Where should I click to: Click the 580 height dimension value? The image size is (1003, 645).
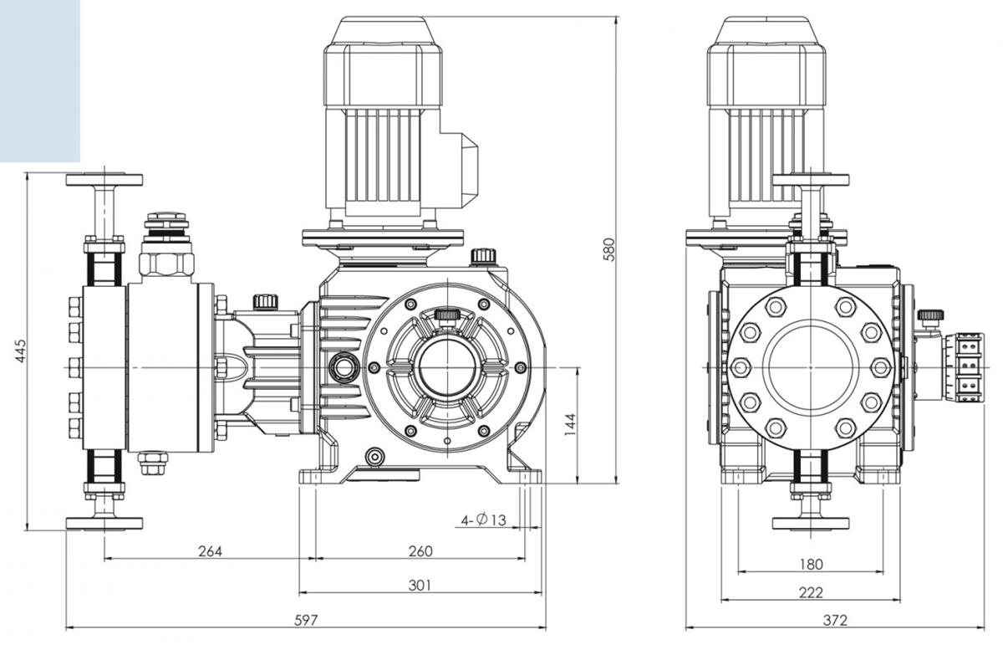click(608, 249)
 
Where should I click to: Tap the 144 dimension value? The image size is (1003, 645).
click(570, 426)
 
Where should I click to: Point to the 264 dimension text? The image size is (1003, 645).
click(210, 551)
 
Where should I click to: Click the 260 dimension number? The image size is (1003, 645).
click(420, 551)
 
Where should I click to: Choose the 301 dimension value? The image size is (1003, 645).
click(420, 585)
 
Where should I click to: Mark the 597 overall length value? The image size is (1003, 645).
click(305, 620)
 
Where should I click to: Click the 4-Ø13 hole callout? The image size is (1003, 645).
click(484, 520)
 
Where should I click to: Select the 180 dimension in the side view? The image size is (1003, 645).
click(811, 564)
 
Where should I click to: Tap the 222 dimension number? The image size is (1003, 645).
click(811, 592)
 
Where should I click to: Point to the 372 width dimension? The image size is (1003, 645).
click(834, 620)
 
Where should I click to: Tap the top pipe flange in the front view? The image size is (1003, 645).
click(104, 179)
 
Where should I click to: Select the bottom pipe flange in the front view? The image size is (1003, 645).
click(104, 523)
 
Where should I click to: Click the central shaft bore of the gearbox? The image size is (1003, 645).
click(447, 367)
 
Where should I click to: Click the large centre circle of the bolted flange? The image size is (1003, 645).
click(810, 367)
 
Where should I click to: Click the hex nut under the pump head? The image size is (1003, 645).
click(153, 463)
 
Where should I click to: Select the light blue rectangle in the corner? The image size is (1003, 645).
click(39, 80)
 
